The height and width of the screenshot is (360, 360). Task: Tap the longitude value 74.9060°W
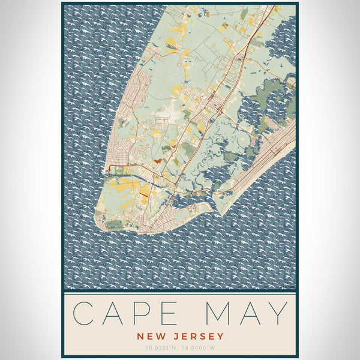200,347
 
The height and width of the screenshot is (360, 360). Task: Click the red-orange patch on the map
157,160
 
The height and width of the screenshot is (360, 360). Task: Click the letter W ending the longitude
214,347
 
